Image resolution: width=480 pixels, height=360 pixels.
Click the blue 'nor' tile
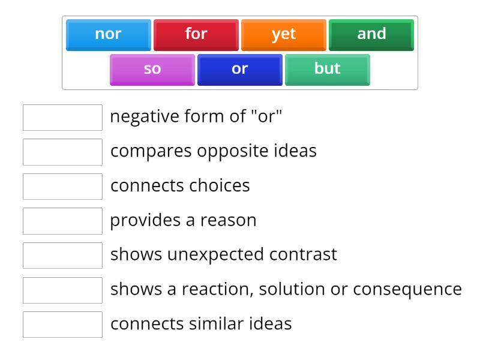pos(108,35)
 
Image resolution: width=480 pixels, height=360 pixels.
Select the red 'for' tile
pos(196,35)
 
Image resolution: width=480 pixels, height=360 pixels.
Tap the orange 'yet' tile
pos(283,35)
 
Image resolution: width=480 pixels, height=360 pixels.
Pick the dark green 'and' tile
pos(371,35)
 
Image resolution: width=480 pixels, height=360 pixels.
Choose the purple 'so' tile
pos(152,70)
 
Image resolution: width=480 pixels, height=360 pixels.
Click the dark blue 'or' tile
pos(239,70)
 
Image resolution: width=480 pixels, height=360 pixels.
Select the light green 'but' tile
pos(327,70)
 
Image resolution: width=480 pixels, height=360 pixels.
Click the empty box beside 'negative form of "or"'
pos(62,118)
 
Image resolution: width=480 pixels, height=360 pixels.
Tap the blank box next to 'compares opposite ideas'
pos(62,152)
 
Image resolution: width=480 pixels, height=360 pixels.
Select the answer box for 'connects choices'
pos(62,187)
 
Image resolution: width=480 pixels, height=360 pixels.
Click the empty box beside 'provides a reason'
pos(62,221)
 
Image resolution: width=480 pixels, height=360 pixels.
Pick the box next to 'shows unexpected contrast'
pos(62,256)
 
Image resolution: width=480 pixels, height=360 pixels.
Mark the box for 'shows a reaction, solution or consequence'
pos(62,290)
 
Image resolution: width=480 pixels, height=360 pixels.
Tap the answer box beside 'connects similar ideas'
pos(62,325)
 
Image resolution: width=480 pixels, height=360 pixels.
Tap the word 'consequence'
pos(407,289)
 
